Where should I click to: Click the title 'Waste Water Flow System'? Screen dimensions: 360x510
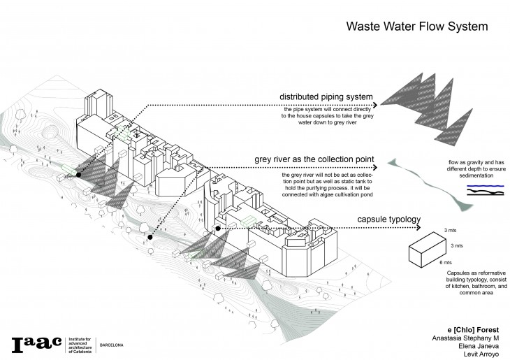417,27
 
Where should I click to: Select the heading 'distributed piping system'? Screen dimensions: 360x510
326,96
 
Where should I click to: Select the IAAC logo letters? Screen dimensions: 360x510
36,345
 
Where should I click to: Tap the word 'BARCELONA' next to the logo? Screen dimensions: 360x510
113,345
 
